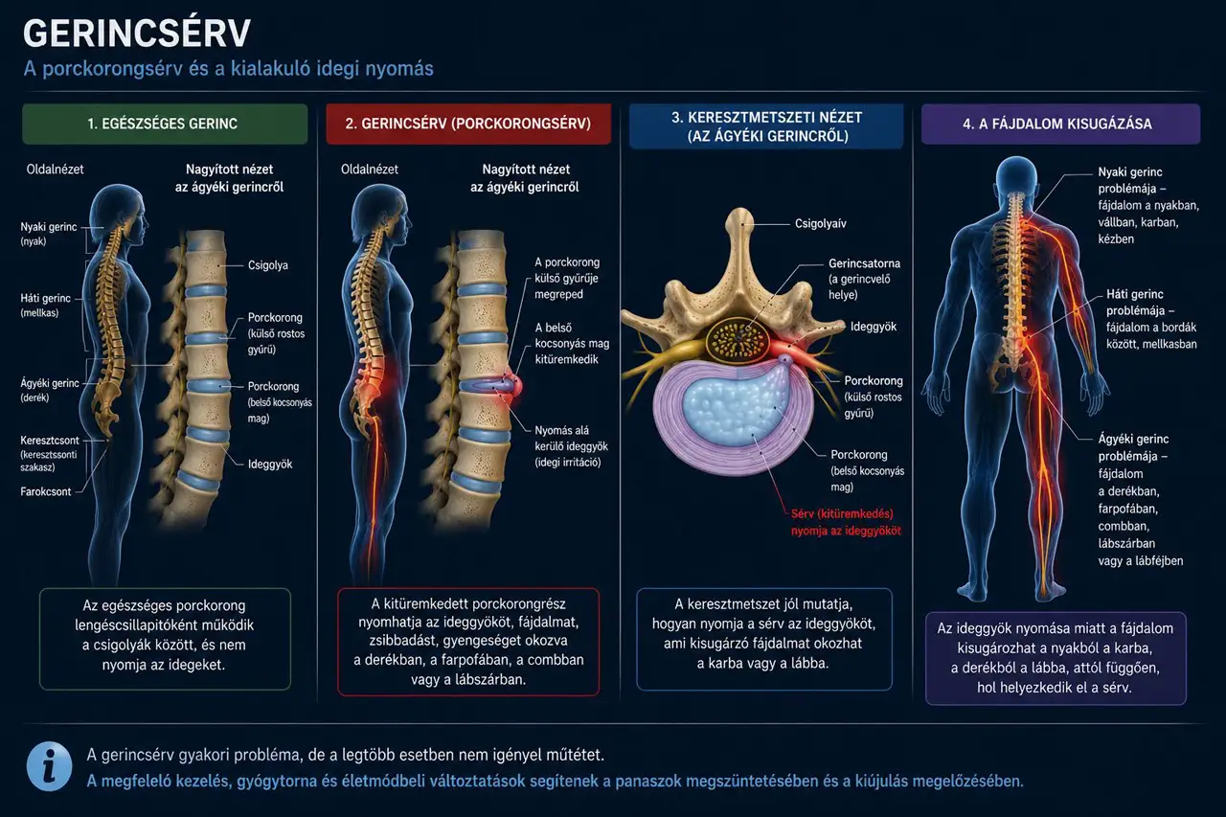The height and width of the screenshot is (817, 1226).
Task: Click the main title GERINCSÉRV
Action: (137, 33)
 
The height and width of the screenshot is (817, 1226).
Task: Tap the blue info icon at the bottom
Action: (49, 766)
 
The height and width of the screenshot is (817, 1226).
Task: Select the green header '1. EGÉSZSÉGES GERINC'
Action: (165, 124)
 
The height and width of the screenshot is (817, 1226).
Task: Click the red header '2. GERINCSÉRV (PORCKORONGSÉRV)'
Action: (468, 124)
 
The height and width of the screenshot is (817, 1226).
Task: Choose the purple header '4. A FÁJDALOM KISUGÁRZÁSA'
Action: (1060, 124)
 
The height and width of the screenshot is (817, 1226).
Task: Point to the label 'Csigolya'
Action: (267, 265)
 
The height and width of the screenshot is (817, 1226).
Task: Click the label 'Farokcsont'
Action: (46, 491)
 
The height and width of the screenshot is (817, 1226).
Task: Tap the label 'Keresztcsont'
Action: (50, 440)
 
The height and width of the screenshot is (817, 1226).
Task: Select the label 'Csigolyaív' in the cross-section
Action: (821, 224)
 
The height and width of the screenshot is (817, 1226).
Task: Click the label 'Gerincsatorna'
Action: (864, 263)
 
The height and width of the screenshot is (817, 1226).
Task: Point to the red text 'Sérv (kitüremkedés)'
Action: (842, 513)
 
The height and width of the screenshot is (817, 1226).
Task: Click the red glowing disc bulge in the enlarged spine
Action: (514, 386)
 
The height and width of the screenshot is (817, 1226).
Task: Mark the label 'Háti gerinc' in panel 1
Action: (45, 298)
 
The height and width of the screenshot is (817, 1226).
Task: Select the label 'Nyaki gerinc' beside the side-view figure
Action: (49, 227)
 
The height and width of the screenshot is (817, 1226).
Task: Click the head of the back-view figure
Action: (1016, 176)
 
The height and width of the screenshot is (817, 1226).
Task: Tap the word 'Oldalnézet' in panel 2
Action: (370, 170)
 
